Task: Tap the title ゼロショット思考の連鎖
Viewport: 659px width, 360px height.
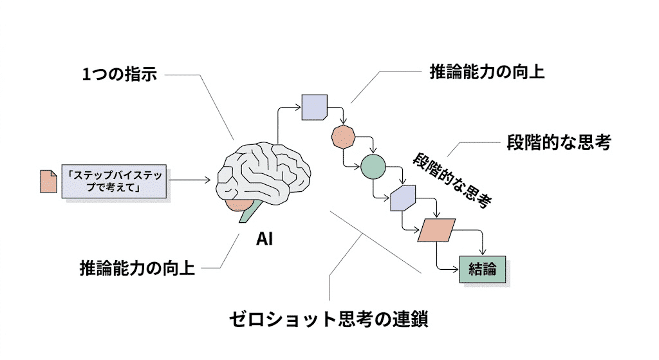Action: pos(328,319)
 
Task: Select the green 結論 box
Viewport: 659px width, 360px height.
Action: pos(482,269)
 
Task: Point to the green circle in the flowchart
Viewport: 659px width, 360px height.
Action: pos(373,166)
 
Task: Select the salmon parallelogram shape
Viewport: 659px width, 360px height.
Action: pos(436,230)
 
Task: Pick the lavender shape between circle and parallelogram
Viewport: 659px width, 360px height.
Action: pos(404,199)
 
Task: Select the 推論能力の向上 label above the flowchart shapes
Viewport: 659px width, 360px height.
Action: pos(487,71)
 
